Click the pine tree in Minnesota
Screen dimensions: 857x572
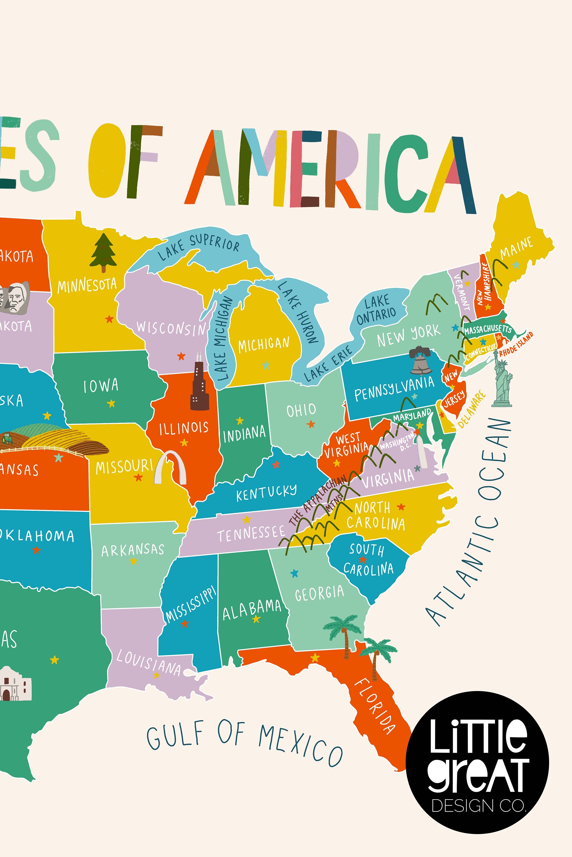tap(103, 253)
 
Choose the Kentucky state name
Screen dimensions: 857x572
tap(266, 492)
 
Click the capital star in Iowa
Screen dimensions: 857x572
tap(111, 403)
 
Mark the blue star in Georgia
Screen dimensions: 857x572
tap(294, 573)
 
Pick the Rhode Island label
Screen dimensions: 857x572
tap(516, 344)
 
